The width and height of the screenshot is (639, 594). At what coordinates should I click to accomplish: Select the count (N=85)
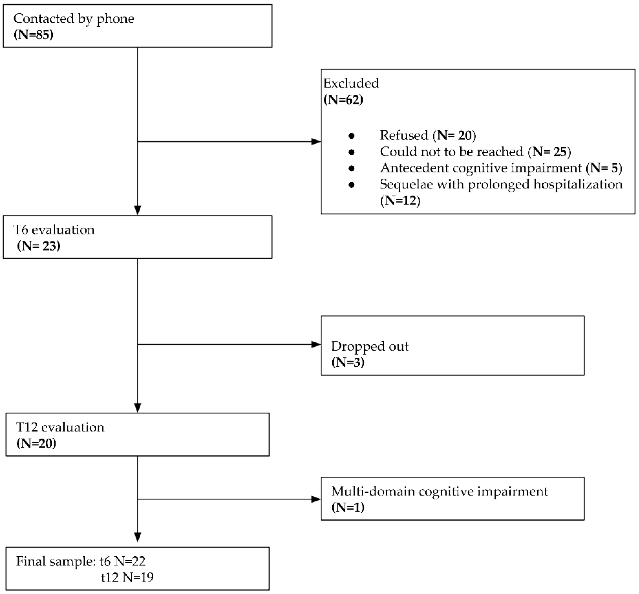(33, 35)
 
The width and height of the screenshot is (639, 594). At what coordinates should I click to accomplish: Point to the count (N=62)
(343, 100)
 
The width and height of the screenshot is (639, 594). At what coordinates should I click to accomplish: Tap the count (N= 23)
(39, 246)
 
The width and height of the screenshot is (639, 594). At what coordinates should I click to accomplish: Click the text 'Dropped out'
(369, 346)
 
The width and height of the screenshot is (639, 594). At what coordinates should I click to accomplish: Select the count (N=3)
(348, 363)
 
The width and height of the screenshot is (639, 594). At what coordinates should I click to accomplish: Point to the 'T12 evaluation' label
(60, 427)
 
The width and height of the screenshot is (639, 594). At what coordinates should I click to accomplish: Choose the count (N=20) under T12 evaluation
(36, 444)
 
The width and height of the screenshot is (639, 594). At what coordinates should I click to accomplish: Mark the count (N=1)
(348, 508)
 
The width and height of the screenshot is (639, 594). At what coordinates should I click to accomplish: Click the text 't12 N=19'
(127, 578)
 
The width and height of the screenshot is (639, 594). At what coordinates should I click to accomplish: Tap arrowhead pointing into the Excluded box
(316, 142)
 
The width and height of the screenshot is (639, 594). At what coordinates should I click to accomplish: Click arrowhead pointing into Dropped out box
(316, 345)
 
